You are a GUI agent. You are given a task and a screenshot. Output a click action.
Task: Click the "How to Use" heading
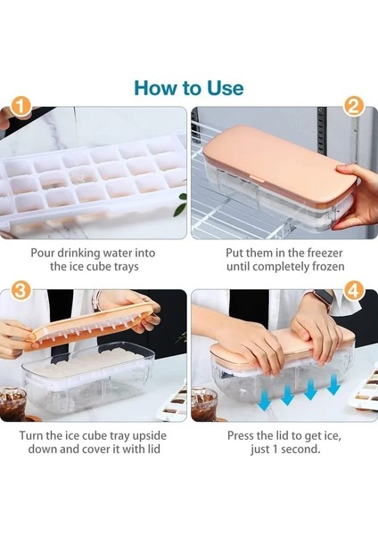click(189, 88)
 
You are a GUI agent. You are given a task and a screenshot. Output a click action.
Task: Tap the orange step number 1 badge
click(21, 107)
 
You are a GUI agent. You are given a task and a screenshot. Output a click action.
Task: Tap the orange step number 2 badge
click(353, 107)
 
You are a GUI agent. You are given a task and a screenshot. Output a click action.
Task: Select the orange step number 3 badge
click(21, 291)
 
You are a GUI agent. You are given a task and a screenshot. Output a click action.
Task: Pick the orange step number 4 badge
click(353, 291)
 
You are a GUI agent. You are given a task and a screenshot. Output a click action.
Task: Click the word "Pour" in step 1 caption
click(43, 253)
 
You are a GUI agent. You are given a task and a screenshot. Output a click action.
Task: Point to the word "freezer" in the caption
click(325, 254)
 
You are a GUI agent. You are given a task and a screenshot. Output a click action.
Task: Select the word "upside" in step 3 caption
click(150, 436)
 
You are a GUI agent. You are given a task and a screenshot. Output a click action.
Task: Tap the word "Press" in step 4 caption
click(241, 436)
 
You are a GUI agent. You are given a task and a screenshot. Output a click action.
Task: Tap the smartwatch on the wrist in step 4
click(322, 298)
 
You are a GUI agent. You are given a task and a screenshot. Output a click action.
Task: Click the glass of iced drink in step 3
click(12, 404)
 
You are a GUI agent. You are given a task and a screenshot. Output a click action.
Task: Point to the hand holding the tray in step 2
click(357, 194)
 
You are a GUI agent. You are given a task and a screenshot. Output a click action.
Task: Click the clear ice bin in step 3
click(88, 379)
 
